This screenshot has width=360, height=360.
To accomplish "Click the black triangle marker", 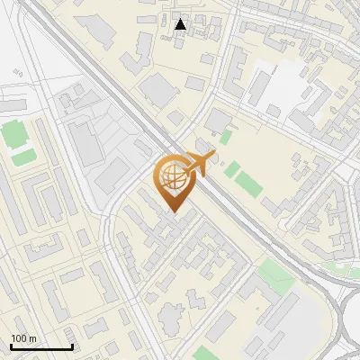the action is (x=181, y=23).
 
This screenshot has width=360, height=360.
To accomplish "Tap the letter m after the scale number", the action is (x=33, y=338).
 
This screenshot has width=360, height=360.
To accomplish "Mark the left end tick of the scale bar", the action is (x=11, y=346).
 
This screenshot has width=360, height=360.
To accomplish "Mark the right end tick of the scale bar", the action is (x=72, y=346).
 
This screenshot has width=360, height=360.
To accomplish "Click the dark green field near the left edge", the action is (x=13, y=135).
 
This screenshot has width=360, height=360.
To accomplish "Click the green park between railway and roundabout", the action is (x=277, y=277).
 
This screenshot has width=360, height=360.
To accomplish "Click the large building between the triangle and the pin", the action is (x=159, y=88).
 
